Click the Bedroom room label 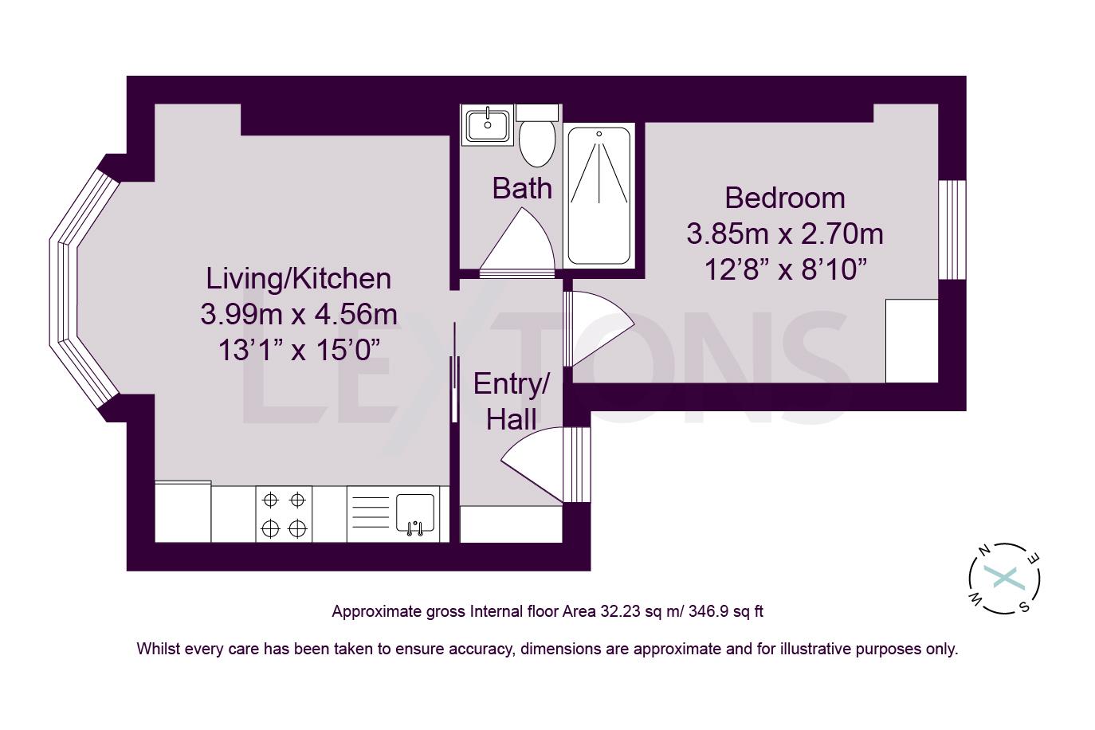(784, 198)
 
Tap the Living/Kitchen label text (299, 278)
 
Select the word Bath (522, 189)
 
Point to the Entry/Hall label (511, 402)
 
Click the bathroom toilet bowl (537, 143)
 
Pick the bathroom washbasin (488, 124)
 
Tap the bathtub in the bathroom (599, 196)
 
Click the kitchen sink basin (415, 512)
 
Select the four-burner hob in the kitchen (284, 514)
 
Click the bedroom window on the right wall (952, 230)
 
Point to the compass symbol (1004, 578)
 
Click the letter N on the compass (984, 550)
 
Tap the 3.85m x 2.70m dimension (784, 234)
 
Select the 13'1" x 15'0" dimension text (299, 350)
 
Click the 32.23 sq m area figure (635, 612)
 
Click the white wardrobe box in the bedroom (912, 340)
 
